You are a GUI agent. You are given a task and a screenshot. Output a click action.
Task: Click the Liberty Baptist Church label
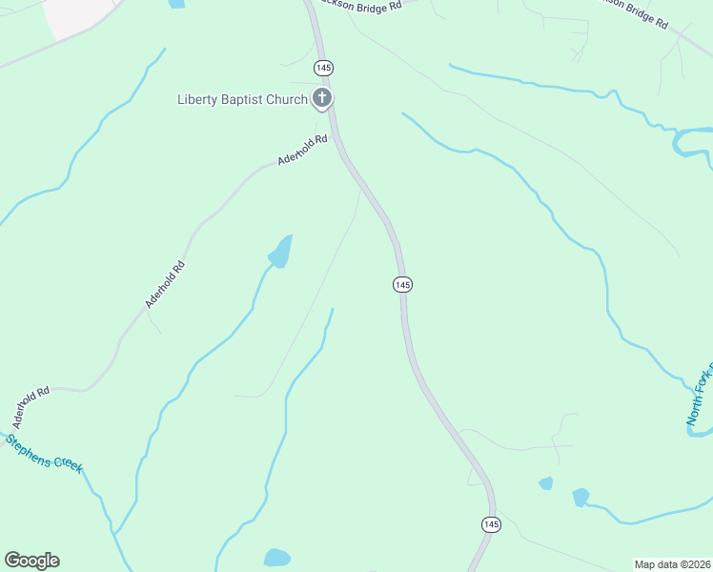(242, 99)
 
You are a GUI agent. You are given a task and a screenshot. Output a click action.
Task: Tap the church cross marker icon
(322, 98)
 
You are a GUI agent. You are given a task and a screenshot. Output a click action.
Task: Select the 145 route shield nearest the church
(322, 68)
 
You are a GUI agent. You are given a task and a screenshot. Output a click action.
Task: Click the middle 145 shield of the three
(401, 284)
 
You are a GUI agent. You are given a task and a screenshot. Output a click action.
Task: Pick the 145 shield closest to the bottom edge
(490, 524)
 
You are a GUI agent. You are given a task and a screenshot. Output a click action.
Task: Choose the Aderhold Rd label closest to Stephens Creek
(31, 407)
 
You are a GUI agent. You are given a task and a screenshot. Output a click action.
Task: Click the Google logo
(31, 561)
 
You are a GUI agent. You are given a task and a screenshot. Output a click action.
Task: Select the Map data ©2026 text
(672, 564)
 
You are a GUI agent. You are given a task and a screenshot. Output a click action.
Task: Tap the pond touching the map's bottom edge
(276, 558)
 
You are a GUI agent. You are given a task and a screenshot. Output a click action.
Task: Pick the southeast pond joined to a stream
(580, 497)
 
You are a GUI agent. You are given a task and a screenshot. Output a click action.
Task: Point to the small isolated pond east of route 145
(545, 483)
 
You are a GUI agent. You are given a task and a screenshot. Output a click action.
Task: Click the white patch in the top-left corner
(71, 14)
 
